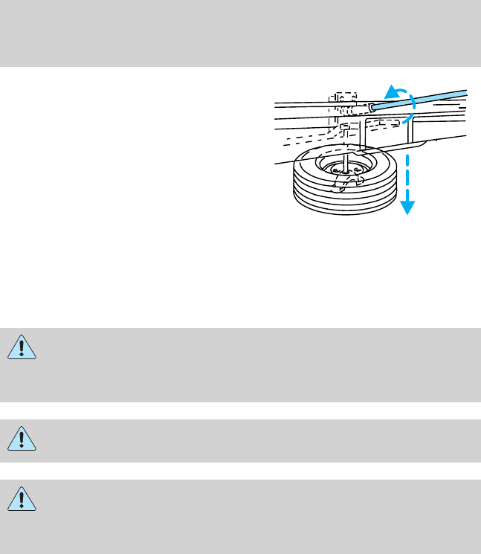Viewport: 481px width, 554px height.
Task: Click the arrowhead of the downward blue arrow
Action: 407,208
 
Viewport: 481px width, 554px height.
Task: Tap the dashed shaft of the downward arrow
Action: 407,175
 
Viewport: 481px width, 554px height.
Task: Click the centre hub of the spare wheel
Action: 346,171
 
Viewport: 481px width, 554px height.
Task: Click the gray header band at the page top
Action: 240,33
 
